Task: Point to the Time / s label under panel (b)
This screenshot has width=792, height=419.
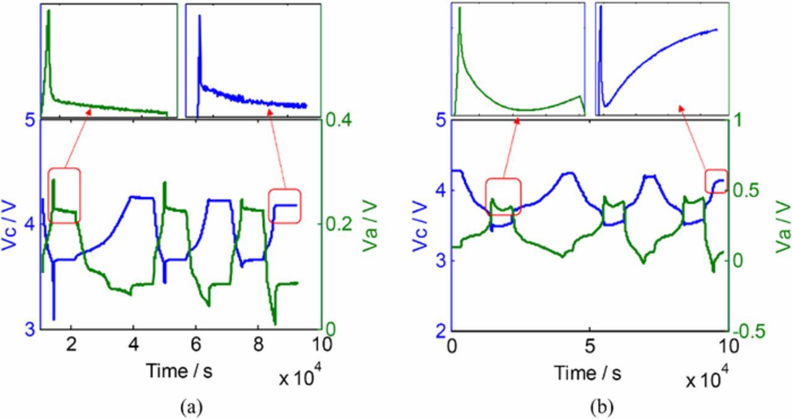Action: pyautogui.click(x=587, y=373)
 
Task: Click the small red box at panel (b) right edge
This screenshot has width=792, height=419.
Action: pyautogui.click(x=717, y=181)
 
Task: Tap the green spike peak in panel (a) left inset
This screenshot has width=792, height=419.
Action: pyautogui.click(x=48, y=11)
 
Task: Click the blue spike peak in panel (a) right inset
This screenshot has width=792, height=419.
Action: pyautogui.click(x=199, y=16)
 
